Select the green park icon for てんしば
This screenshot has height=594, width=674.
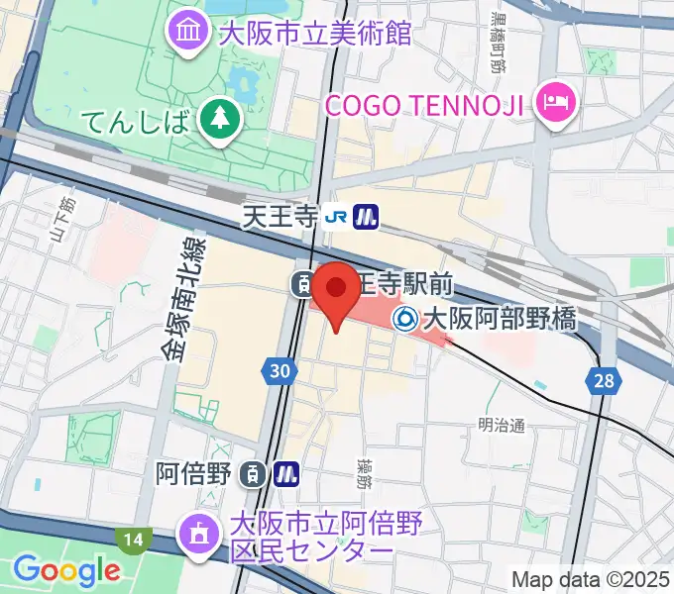214,120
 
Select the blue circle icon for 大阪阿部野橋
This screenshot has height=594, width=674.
404,319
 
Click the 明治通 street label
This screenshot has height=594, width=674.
500,426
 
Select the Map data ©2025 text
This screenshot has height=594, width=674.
591,578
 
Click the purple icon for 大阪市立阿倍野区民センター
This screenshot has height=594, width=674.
194,535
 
